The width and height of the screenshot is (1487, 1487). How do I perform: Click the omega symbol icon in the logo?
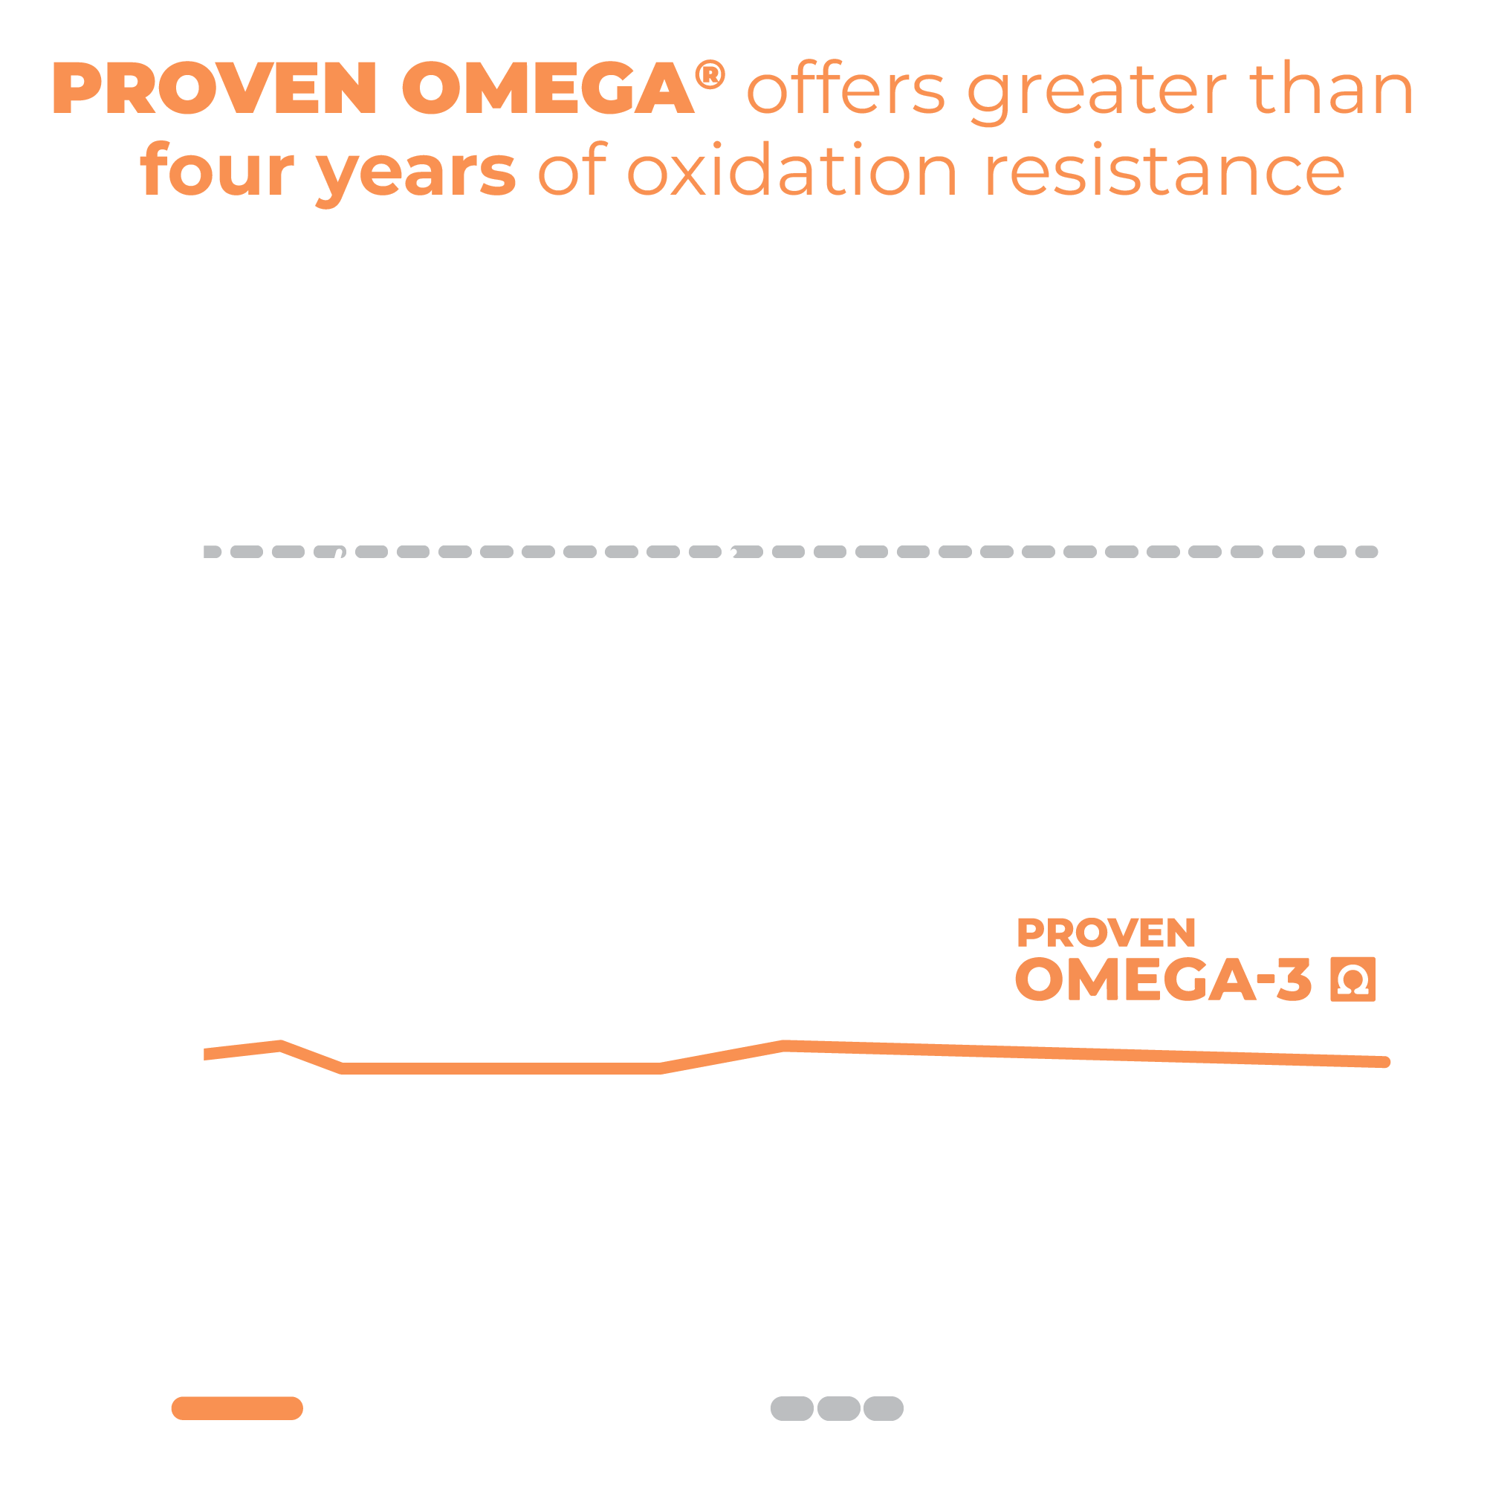coord(1352,979)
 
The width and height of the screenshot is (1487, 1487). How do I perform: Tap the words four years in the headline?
coord(328,172)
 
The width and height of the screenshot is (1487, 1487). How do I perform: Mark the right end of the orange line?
coord(1385,1062)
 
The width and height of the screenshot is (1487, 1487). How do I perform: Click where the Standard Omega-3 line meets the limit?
coord(340,552)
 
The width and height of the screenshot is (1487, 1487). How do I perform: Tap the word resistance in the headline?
coord(1164,172)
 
